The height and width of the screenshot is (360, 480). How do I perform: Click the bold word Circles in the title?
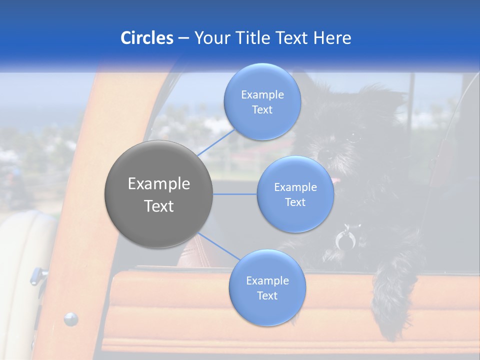coord(146,38)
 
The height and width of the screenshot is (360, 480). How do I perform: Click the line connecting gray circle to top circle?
coord(216,141)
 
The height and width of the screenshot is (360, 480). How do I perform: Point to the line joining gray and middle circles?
coord(235,194)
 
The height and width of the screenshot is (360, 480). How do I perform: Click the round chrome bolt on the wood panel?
coord(71,318)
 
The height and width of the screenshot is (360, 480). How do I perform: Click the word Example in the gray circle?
coord(159,184)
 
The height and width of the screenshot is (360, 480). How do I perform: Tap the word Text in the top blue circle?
coord(262,110)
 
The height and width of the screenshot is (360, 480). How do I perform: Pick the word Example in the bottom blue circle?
coord(267,281)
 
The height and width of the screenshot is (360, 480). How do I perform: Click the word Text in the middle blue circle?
coord(295,202)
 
